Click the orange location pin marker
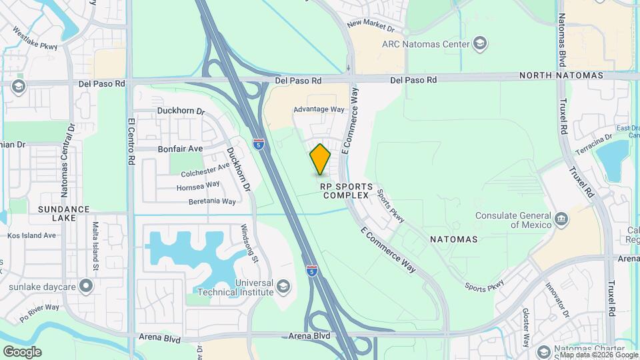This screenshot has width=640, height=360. click(320, 159)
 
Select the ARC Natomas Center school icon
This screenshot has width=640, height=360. click(479, 45)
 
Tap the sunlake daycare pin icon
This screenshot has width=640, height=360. click(85, 287)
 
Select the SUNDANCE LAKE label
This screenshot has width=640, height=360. click(64, 214)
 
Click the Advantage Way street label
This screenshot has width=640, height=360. click(319, 109)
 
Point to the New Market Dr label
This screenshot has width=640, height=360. click(371, 27)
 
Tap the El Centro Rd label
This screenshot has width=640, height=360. click(131, 142)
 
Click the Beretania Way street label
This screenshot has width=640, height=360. click(212, 201)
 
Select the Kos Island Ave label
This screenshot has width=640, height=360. click(32, 235)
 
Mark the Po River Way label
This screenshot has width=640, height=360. click(39, 313)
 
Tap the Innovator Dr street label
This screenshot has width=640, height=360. click(559, 300)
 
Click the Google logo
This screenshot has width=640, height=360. click(23, 351)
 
